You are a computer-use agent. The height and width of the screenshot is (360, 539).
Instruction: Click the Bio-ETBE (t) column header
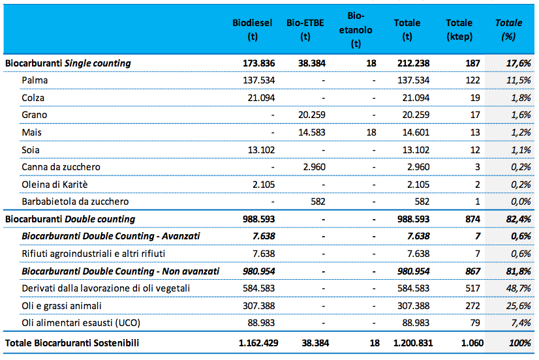coord(305,29)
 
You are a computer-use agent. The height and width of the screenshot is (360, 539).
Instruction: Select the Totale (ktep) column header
coord(459,29)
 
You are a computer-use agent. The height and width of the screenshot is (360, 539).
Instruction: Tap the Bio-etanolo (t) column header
coord(356,29)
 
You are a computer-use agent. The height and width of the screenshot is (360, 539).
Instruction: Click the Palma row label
coord(35,80)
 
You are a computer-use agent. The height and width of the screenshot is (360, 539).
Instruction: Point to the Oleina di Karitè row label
coord(55,185)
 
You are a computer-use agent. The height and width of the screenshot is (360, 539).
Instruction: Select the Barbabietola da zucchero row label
coord(75,202)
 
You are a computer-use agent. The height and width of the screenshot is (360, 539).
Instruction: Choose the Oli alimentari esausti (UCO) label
coord(81,323)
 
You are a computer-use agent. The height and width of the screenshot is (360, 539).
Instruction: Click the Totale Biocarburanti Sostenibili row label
coord(72,343)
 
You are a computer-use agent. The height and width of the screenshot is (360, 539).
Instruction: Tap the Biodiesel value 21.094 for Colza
coord(261,98)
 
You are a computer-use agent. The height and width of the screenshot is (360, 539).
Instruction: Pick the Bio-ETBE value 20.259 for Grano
coord(312,115)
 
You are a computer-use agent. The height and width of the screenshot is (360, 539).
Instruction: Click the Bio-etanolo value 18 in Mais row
coord(371,132)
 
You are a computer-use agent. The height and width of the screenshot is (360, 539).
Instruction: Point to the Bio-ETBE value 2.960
coord(314,167)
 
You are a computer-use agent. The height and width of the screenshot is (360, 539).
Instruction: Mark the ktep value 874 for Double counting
coord(472,219)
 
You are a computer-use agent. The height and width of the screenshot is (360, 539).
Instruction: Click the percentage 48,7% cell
coord(518,288)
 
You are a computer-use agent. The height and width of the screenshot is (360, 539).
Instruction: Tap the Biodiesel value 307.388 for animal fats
coord(259,306)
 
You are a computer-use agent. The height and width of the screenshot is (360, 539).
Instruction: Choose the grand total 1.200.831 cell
coord(413,343)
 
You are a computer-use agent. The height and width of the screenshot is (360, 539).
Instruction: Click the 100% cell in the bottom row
coord(520,343)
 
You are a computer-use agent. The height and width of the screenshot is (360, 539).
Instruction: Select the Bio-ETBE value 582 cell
coord(318,202)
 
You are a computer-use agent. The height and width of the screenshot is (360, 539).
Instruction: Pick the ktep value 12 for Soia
coord(475,150)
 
